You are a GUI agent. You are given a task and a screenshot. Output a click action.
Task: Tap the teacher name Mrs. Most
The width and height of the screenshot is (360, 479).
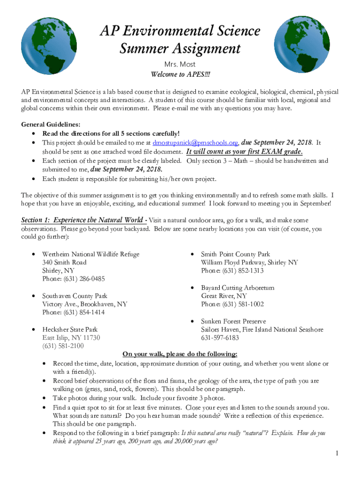180,64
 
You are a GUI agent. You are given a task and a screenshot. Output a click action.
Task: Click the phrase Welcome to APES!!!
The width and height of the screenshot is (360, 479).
180,75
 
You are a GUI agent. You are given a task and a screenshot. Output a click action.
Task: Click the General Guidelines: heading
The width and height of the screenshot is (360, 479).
51,124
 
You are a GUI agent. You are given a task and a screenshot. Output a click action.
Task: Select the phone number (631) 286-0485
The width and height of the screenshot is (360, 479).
73,279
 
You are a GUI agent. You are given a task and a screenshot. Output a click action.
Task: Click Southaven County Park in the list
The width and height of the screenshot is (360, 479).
75,296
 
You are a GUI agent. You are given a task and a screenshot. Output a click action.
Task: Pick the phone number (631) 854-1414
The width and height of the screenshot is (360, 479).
73,313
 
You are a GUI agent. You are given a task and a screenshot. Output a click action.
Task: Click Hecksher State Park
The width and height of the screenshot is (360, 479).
70,330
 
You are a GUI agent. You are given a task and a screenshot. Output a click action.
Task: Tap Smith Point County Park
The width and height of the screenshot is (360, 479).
236,254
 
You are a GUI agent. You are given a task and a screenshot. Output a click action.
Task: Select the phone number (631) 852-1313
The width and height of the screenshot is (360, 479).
232,271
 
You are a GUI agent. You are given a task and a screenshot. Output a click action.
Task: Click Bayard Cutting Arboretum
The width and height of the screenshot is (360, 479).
238,288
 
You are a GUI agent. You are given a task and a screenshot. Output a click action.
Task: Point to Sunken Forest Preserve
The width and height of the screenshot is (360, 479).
233,321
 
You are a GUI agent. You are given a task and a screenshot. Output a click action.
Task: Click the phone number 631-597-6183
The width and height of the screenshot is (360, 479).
220,338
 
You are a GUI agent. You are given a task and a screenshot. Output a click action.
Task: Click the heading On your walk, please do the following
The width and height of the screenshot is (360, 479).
180,354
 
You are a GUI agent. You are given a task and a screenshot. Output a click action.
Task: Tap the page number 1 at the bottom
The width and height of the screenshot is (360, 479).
337,453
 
